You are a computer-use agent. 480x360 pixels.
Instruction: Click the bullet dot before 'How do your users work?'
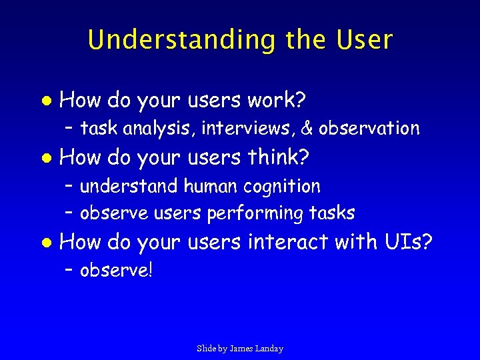tap(45, 101)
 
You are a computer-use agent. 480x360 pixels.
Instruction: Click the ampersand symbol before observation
tap(307, 127)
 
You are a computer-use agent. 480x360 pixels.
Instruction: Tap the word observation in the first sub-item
tap(369, 127)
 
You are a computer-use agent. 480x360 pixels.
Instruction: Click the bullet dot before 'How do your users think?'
tap(45, 159)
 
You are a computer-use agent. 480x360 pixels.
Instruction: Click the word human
tap(213, 186)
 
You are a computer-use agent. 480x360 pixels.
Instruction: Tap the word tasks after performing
tap(331, 213)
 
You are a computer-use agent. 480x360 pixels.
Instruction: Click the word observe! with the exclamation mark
tap(116, 271)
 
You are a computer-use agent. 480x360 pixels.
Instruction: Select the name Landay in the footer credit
tap(269, 349)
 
